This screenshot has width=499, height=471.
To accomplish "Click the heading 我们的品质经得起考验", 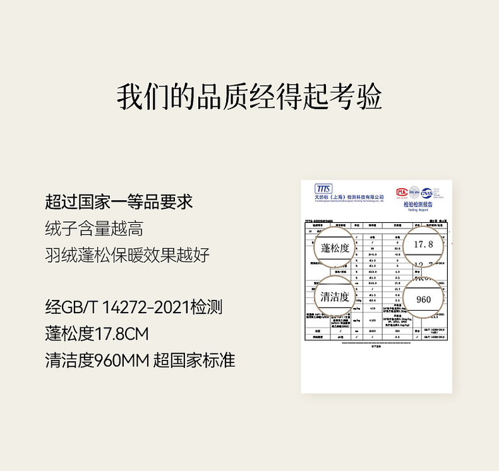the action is coord(249,96).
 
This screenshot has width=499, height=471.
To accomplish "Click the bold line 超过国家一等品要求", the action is coord(119,202).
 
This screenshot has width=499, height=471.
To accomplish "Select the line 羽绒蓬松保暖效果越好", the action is coord(127,255).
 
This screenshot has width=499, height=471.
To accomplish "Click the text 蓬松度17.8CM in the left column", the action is coord(97,333).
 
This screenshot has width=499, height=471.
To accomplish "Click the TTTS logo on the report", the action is coord(323,189).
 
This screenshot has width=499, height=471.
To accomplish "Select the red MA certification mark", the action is coord(402,192).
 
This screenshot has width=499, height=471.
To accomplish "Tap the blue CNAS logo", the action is coord(428,192).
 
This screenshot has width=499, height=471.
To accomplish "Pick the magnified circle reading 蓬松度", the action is coord(335,247).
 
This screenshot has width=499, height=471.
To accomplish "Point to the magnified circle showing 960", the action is coord(423,299).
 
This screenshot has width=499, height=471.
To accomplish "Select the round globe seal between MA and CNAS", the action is coord(414,191).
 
